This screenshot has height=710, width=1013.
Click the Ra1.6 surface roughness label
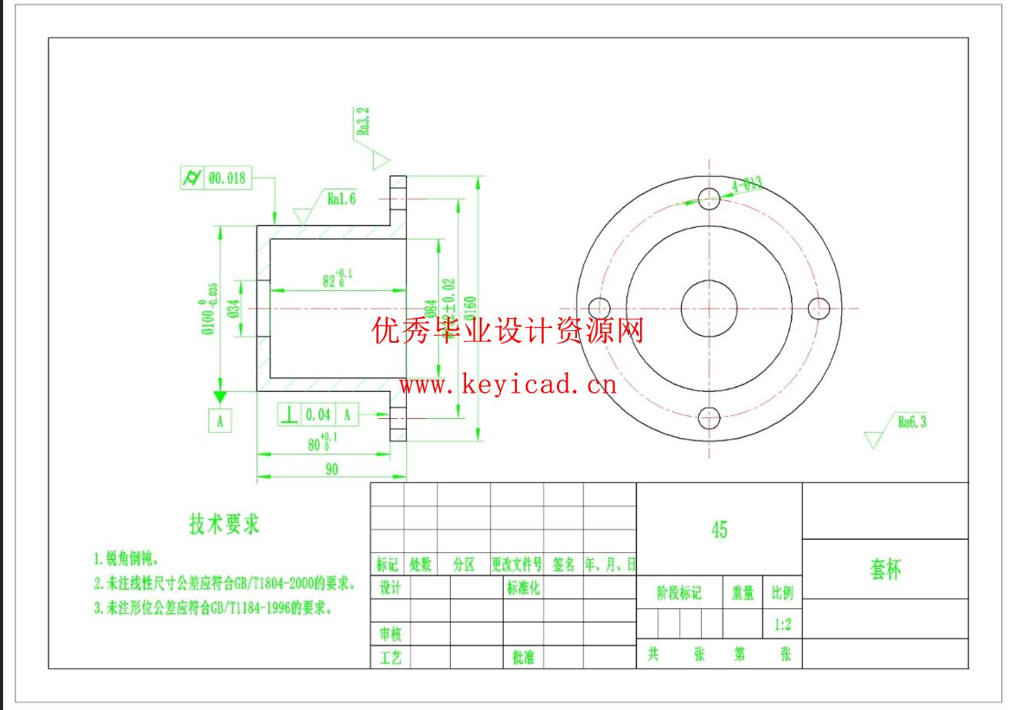(341, 199)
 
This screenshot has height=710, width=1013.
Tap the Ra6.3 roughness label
(912, 421)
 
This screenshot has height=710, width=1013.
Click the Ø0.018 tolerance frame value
(226, 179)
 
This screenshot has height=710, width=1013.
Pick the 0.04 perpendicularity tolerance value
(317, 415)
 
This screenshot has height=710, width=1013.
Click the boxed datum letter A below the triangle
(220, 420)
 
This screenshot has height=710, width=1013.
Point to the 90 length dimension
(331, 469)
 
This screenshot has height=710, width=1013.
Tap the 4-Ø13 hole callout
(746, 184)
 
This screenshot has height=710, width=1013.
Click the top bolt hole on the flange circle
(709, 198)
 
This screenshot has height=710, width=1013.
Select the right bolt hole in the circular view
(819, 309)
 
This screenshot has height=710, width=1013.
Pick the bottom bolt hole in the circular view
(709, 419)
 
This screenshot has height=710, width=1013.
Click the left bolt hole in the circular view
(599, 308)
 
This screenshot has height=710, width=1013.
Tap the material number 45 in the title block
(719, 530)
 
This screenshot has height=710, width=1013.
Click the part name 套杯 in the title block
(885, 570)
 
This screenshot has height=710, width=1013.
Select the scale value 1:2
(782, 625)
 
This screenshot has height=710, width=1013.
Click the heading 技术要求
(224, 524)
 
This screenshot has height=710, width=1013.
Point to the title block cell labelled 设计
(390, 588)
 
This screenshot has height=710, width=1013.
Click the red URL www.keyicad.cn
(508, 383)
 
